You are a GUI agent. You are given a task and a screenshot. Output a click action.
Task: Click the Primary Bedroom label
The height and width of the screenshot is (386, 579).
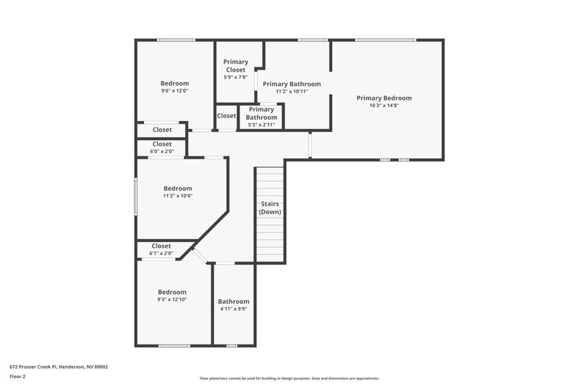[384, 98]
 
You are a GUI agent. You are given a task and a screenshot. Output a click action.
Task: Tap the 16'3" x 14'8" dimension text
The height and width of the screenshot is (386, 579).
[384, 106]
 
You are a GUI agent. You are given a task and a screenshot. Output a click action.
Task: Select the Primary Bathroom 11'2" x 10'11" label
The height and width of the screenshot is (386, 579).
[291, 84]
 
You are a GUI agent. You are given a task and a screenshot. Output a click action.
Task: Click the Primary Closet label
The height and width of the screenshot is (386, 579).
[235, 65]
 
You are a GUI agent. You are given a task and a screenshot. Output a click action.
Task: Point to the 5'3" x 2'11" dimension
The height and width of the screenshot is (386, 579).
[261, 125]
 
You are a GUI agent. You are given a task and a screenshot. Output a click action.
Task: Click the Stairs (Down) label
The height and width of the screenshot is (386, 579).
[270, 208]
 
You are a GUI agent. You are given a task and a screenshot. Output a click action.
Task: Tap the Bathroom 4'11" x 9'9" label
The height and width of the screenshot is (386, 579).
[233, 301]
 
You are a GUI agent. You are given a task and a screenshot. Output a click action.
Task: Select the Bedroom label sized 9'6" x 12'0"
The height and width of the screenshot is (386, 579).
[174, 83]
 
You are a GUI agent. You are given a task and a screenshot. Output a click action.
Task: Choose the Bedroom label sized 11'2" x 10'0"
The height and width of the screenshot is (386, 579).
[177, 188]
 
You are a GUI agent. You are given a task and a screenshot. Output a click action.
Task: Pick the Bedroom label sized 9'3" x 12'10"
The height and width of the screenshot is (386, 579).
[173, 292]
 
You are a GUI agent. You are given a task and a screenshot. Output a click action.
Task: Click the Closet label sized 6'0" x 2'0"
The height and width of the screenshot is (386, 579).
[162, 144]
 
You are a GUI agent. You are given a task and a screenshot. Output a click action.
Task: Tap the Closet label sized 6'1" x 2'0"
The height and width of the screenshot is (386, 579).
[161, 246]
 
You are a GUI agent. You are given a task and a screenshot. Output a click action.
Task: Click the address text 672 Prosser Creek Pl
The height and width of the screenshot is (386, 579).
[58, 366]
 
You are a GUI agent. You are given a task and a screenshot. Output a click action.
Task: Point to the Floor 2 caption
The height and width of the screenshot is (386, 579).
[18, 377]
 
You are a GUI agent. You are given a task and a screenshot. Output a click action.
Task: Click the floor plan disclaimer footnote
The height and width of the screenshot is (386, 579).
[289, 378]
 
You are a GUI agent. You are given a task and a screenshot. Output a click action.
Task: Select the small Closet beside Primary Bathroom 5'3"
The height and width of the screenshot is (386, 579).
[226, 116]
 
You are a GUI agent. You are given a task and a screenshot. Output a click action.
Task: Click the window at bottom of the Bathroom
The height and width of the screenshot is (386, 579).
[232, 345]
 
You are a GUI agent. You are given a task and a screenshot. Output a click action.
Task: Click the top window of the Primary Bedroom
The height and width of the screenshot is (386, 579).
[385, 40]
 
